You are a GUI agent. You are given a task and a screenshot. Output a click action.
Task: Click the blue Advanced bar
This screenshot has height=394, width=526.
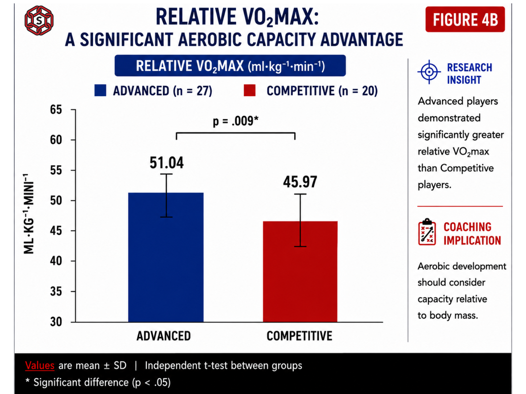(x=166, y=257)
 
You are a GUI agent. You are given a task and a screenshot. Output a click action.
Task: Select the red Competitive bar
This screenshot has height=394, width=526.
(x=300, y=272)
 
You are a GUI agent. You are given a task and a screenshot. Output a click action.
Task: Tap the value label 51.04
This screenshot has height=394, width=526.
(x=167, y=163)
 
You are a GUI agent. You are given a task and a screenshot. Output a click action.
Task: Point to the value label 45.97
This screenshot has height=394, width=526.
(x=300, y=182)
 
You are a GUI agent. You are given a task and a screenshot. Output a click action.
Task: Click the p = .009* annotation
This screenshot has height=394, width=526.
(x=236, y=121)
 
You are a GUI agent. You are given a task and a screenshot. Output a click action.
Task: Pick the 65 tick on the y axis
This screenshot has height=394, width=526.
(x=56, y=110)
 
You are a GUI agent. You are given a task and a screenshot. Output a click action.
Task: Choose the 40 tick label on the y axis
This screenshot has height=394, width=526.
(x=56, y=261)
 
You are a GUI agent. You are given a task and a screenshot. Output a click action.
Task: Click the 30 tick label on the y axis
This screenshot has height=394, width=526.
(x=56, y=322)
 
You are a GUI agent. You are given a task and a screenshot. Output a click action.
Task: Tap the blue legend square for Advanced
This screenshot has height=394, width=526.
(x=100, y=90)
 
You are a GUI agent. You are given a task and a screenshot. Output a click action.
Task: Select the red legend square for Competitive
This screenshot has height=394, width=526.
(x=250, y=90)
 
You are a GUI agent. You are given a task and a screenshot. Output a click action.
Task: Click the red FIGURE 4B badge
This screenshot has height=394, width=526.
(x=465, y=19)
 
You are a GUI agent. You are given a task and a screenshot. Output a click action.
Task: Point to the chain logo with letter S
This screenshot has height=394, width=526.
(x=39, y=21)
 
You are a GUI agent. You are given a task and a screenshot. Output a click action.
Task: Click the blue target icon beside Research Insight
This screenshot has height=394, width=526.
(x=429, y=72)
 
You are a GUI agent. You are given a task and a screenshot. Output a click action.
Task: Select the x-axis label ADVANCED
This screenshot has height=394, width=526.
(x=164, y=336)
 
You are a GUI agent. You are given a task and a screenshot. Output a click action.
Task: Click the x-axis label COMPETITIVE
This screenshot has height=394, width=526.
(x=299, y=336)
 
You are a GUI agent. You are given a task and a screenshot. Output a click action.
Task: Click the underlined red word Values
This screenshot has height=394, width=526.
(x=40, y=365)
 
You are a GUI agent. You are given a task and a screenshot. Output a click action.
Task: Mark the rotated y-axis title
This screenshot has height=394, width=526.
(x=28, y=214)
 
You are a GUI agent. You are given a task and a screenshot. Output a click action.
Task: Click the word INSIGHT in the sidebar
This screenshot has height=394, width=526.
(x=464, y=80)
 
